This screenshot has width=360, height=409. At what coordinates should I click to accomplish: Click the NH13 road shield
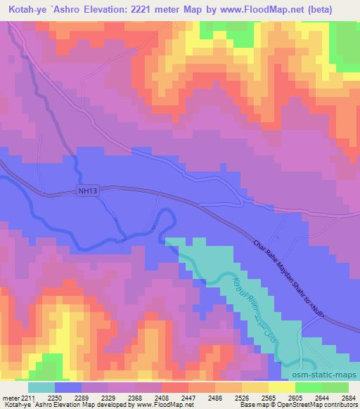(84, 190)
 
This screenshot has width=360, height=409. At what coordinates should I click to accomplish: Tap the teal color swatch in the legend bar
(41, 387)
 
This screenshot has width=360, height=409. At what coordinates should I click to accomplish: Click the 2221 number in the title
(148, 9)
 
